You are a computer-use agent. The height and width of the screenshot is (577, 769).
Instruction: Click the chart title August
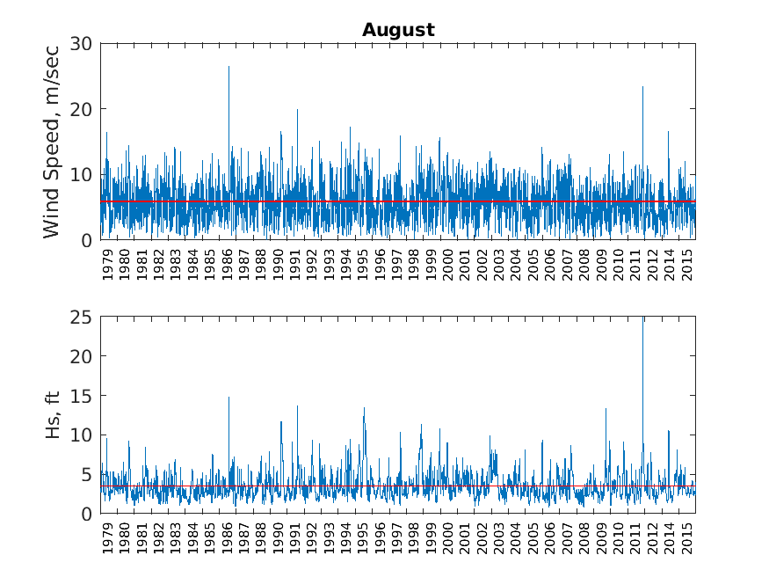(x=398, y=30)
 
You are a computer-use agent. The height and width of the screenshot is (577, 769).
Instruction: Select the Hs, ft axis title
(x=53, y=415)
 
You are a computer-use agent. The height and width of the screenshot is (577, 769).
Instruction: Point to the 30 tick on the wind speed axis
(x=83, y=43)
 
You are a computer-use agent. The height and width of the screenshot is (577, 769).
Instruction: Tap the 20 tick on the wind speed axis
(x=83, y=109)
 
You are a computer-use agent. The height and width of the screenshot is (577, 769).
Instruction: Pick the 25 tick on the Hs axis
(x=83, y=317)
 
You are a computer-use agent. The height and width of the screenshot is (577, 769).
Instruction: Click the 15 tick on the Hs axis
(x=83, y=396)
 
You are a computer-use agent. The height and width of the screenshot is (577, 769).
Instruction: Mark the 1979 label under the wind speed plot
(x=108, y=267)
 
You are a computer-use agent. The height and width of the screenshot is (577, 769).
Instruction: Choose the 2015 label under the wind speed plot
(x=688, y=267)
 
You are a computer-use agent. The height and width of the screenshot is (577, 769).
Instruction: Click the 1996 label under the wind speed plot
(x=381, y=267)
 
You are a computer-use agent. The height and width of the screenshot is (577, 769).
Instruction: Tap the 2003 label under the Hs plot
(x=499, y=540)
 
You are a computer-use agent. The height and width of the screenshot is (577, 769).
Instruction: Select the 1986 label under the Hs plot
(x=227, y=540)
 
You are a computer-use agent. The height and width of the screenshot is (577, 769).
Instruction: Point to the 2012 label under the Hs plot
(x=653, y=540)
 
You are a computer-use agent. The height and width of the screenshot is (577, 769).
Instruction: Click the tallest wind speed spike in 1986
(x=229, y=67)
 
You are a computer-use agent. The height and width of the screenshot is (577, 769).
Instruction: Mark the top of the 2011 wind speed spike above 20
(x=642, y=87)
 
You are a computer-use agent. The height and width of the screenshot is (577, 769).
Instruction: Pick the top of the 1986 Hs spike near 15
(x=229, y=398)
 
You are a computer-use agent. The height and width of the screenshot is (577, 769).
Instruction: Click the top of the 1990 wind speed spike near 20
(x=297, y=110)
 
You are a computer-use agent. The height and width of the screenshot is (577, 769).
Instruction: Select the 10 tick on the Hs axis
(x=83, y=435)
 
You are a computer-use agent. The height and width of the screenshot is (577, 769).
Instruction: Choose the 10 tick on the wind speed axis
(x=83, y=175)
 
